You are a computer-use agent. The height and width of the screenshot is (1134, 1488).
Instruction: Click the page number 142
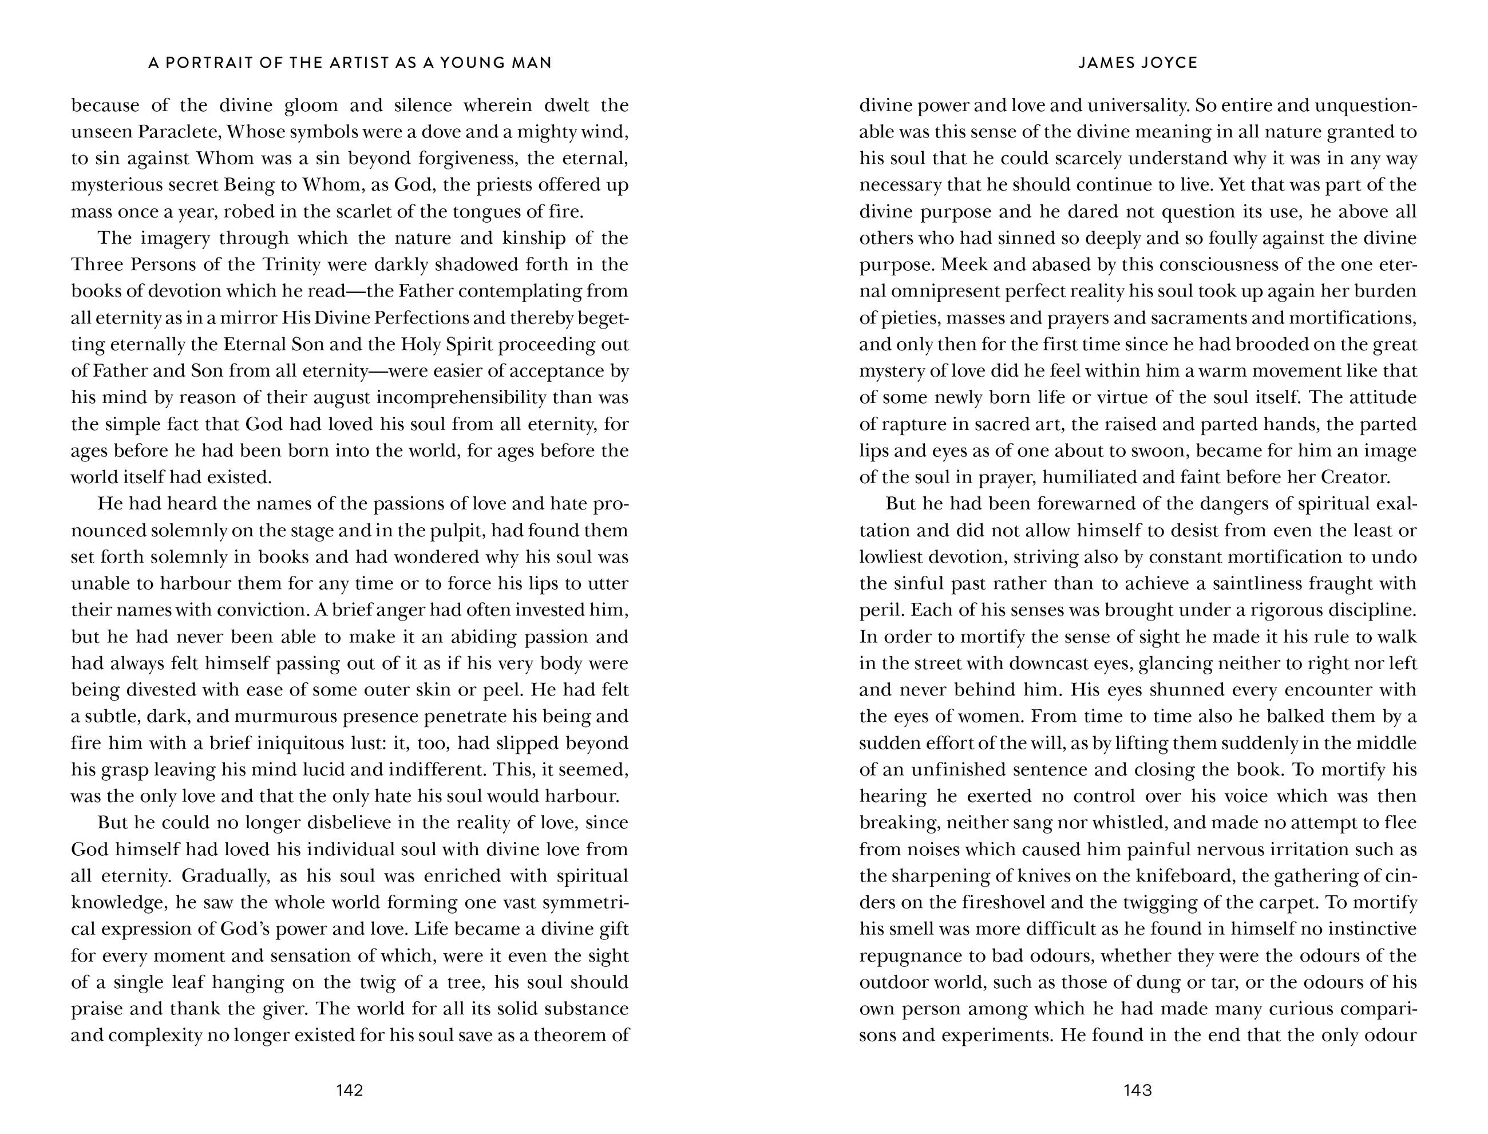350,1090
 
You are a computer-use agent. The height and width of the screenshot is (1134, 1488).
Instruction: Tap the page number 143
1137,1090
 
